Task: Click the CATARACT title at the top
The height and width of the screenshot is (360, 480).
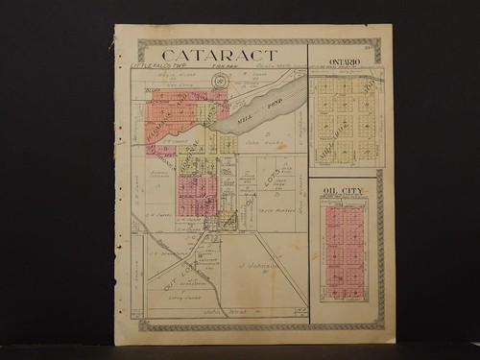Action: coord(220,55)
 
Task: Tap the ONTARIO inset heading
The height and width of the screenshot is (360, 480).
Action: coord(345,61)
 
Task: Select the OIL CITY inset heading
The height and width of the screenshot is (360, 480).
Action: coord(344,192)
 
